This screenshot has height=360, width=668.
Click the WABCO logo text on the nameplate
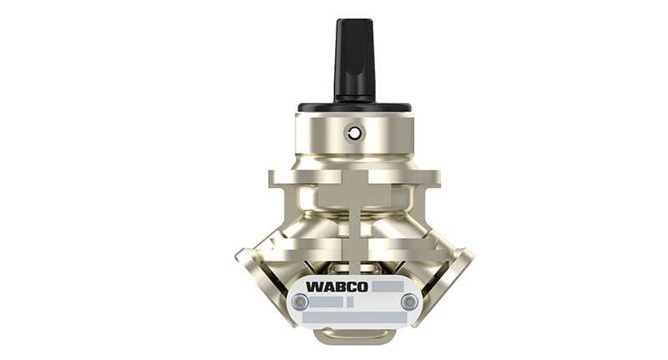click(x=337, y=286)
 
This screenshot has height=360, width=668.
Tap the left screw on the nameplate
click(x=301, y=302)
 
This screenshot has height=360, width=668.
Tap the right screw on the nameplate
click(x=409, y=302)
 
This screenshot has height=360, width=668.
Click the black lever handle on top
click(x=354, y=60)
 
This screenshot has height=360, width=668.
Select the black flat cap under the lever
click(x=354, y=108)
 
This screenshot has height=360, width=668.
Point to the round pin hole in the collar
click(x=354, y=134)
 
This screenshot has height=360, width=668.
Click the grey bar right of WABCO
click(x=387, y=286)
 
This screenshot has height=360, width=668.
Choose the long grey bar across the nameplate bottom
click(x=354, y=317)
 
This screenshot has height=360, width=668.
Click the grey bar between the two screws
click(x=326, y=302)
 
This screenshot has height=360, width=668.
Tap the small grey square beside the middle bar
click(x=350, y=302)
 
